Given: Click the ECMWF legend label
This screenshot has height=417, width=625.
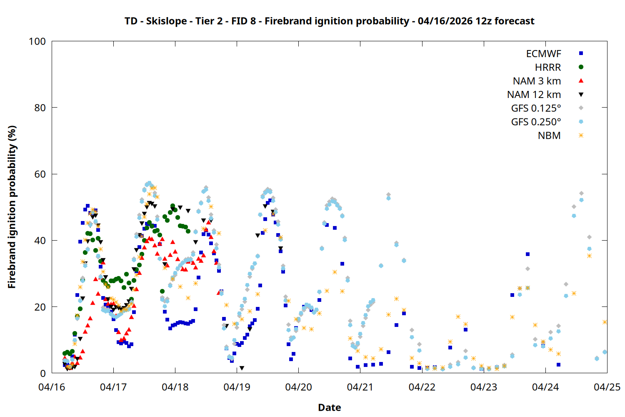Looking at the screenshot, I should click(543, 54).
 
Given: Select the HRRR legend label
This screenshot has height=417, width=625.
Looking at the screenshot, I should click(548, 68).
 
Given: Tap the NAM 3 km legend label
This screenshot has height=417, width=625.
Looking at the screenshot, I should click(537, 81).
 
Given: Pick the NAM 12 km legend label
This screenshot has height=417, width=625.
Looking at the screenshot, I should click(534, 95).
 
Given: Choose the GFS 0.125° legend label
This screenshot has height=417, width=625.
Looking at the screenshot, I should click(536, 108).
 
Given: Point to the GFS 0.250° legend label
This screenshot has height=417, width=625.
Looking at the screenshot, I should click(536, 122).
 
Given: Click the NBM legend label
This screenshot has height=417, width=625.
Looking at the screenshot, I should click(549, 136).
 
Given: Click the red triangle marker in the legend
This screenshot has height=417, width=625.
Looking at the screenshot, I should click(581, 81).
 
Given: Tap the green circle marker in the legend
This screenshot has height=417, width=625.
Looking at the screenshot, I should click(581, 67).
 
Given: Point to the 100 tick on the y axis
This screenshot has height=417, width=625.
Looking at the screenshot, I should click(37, 41).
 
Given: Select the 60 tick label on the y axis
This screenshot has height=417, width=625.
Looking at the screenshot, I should click(40, 174).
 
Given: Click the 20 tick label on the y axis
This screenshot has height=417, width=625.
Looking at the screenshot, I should click(40, 307).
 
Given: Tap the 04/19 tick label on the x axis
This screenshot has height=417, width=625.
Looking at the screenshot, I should click(237, 387).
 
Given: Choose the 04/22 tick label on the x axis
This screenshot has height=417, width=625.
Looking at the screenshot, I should click(422, 387).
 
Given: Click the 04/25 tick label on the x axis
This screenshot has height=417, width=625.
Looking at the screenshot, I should click(607, 387).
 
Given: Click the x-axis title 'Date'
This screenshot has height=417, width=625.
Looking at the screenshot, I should click(329, 407).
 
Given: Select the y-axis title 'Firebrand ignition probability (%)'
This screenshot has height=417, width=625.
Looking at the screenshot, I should click(12, 207).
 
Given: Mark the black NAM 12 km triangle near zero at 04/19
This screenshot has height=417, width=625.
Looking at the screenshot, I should click(242, 368).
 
